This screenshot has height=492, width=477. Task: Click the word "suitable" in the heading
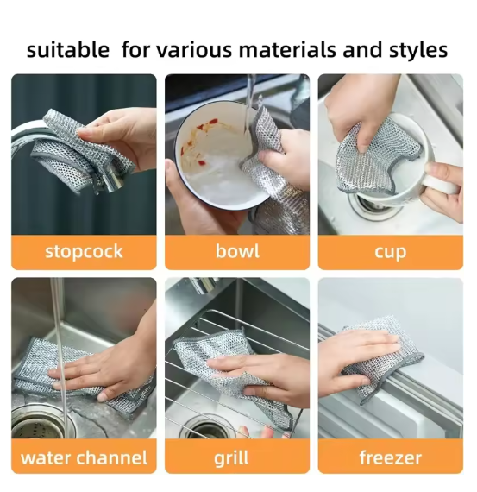tap(68, 49)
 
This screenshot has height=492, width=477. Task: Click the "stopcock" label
tap(84, 252)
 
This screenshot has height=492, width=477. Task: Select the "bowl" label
tap(237, 252)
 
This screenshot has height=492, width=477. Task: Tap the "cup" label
tap(390, 252)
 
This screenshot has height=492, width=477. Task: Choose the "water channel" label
tap(84, 457)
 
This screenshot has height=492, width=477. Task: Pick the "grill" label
tap(237, 457)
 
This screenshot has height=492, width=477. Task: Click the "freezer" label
tap(390, 457)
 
